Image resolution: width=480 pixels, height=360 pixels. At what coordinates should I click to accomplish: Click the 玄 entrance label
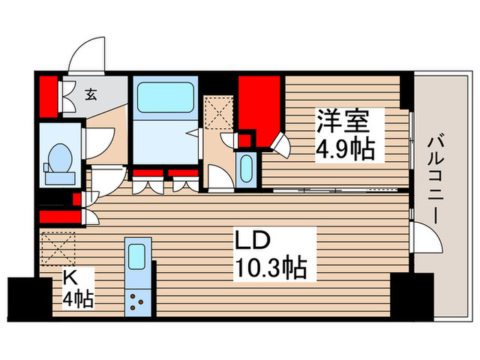coord(91,95)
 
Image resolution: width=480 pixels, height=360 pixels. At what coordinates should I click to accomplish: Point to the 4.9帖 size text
coord(346,149)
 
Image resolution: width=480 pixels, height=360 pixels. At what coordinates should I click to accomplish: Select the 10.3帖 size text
coord(271,266)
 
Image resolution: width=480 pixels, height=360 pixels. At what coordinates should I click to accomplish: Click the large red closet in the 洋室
coord(259,106)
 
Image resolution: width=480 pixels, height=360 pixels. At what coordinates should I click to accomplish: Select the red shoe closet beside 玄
coord(47,97)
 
